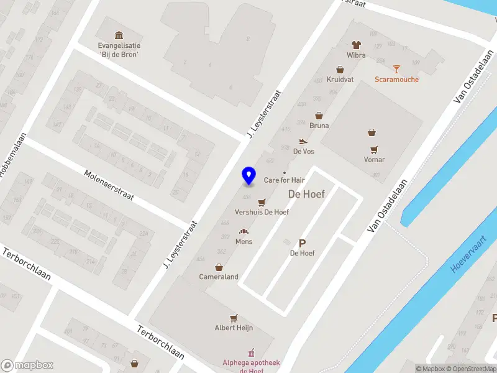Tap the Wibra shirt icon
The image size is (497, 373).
[356, 45]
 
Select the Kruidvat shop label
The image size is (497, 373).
[340, 79]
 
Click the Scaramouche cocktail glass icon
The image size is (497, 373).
[396, 69]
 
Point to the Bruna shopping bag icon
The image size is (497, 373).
[319, 116]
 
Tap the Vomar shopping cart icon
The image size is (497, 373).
[374, 149]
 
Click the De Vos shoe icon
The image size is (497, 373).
[303, 142]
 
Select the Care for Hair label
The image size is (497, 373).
[284, 180]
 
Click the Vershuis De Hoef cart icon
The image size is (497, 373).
[262, 202]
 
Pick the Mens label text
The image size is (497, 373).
[244, 241]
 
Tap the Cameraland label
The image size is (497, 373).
[218, 277]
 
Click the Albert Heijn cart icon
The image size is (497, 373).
[234, 318]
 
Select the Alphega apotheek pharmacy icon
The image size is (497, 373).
[252, 352]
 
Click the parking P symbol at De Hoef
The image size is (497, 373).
[303, 244]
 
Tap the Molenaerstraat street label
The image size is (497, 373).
[109, 185]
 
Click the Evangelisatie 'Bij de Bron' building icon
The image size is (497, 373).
[119, 35]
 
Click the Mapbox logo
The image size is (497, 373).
[27, 366]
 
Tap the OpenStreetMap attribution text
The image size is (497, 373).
[470, 369]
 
